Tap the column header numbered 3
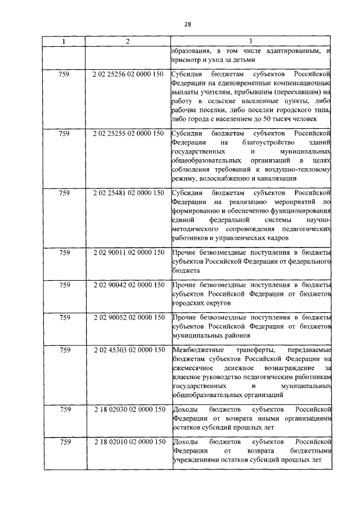tap(250, 41)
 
